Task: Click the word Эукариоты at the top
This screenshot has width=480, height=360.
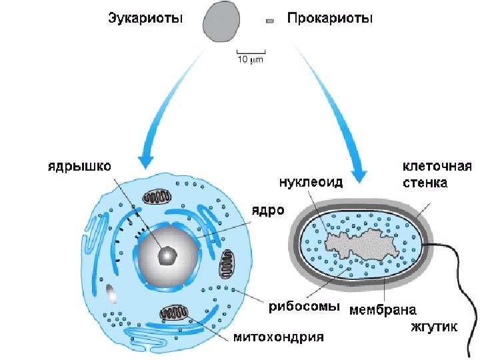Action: point(145,19)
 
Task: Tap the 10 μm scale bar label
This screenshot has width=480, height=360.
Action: point(251,59)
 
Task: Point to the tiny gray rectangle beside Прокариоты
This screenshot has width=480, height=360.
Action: point(270,21)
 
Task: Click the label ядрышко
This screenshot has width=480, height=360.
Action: point(79,164)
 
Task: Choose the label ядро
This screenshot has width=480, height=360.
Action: point(267,210)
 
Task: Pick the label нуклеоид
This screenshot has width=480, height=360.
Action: point(311,182)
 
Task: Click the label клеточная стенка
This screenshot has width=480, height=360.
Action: point(437,173)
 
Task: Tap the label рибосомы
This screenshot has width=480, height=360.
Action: point(305,307)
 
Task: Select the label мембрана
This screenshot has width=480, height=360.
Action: point(383,310)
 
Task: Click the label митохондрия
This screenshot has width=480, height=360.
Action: point(278,337)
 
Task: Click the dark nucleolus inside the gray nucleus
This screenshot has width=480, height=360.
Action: point(167,254)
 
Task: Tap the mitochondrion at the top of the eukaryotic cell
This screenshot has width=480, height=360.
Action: point(159,197)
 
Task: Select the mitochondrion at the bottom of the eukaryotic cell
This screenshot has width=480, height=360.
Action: point(175,313)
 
